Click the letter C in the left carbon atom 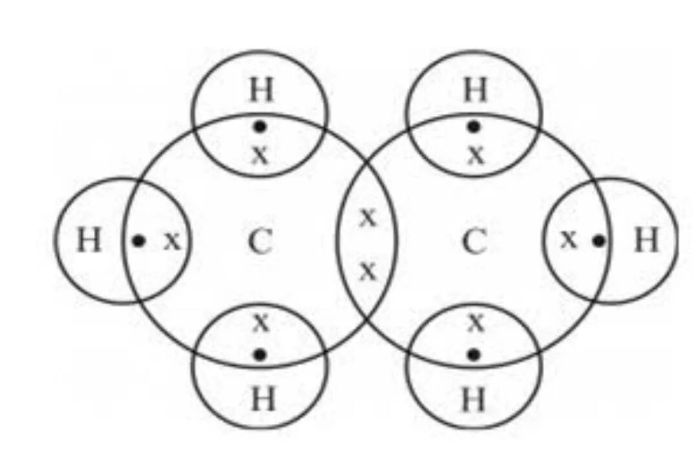[x=260, y=242]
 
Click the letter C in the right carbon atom [x=474, y=242]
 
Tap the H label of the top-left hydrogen [x=261, y=92]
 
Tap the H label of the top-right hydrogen [x=475, y=92]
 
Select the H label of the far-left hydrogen [x=89, y=242]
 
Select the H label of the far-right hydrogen [x=646, y=241]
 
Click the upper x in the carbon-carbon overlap [x=367, y=218]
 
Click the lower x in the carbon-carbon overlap [x=367, y=271]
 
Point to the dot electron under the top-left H [x=260, y=126]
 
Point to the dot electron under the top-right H [x=474, y=126]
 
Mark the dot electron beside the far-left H [x=138, y=241]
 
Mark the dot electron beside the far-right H [x=599, y=240]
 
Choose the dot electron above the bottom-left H [x=260, y=354]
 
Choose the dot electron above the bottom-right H [x=474, y=354]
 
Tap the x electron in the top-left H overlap [x=260, y=155]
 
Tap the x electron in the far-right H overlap [x=568, y=240]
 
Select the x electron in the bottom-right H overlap [x=476, y=321]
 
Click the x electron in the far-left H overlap [x=171, y=242]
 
